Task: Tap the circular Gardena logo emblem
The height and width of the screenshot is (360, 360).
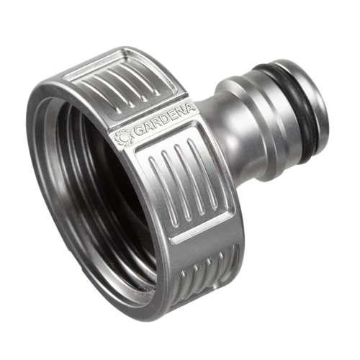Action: click(x=124, y=138)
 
